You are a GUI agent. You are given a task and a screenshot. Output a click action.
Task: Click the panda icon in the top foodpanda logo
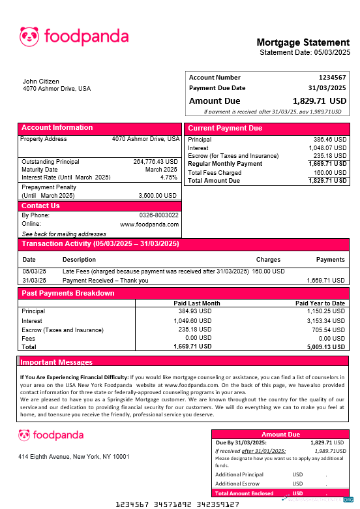click(29, 37)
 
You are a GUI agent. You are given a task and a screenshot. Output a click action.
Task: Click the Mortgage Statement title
click(303, 43)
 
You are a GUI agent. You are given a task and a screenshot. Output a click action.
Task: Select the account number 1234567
click(332, 78)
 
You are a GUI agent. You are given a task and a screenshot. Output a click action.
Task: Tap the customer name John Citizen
click(40, 82)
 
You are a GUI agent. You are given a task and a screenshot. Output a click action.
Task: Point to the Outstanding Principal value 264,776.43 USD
click(155, 161)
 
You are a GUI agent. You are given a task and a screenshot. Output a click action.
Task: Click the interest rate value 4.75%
click(168, 177)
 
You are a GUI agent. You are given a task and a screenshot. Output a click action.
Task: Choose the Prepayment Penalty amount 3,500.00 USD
click(157, 195)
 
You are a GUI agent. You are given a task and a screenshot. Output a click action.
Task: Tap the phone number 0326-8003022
click(159, 215)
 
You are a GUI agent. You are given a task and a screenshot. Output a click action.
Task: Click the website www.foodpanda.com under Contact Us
click(149, 224)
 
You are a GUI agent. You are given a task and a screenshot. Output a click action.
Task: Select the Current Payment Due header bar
click(267, 128)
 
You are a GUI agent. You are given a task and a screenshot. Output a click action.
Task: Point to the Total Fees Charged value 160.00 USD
click(331, 172)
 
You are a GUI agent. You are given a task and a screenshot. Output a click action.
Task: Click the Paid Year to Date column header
click(320, 303)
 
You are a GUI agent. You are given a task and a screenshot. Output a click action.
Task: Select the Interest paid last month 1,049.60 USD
click(192, 320)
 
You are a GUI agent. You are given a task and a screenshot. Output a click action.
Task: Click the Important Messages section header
click(57, 362)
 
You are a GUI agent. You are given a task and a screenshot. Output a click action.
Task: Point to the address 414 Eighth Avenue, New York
click(73, 456)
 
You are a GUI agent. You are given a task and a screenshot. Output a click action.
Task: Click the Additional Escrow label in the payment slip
click(237, 484)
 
